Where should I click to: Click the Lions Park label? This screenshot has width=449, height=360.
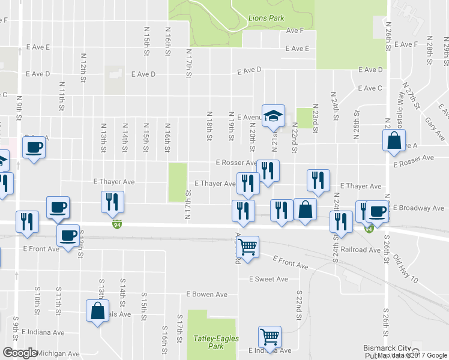[266, 18]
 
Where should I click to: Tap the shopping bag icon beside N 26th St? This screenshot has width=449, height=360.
[394, 140]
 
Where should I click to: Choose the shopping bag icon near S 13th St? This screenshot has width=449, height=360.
[97, 311]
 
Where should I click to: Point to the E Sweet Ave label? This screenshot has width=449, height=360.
[268, 279]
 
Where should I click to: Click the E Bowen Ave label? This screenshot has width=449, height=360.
[206, 295]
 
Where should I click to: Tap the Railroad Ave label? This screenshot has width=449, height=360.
[361, 250]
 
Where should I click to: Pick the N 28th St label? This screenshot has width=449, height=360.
[430, 53]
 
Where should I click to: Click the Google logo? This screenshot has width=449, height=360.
[20, 353]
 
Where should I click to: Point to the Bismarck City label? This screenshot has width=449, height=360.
[387, 348]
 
